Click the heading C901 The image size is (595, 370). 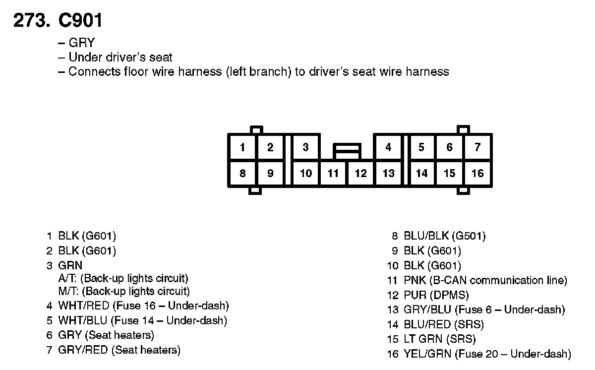pyautogui.click(x=80, y=20)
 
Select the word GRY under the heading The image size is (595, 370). pyautogui.click(x=81, y=43)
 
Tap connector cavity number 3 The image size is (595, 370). pyautogui.click(x=306, y=147)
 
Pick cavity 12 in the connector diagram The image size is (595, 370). pyautogui.click(x=361, y=174)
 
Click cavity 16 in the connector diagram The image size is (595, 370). pyautogui.click(x=477, y=174)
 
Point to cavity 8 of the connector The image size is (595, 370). pyautogui.click(x=242, y=174)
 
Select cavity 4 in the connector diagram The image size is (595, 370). pyautogui.click(x=388, y=147)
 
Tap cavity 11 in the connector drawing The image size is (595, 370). pyautogui.click(x=333, y=174)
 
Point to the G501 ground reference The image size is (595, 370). pyautogui.click(x=469, y=236)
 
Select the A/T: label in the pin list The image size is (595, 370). pyautogui.click(x=68, y=279)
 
